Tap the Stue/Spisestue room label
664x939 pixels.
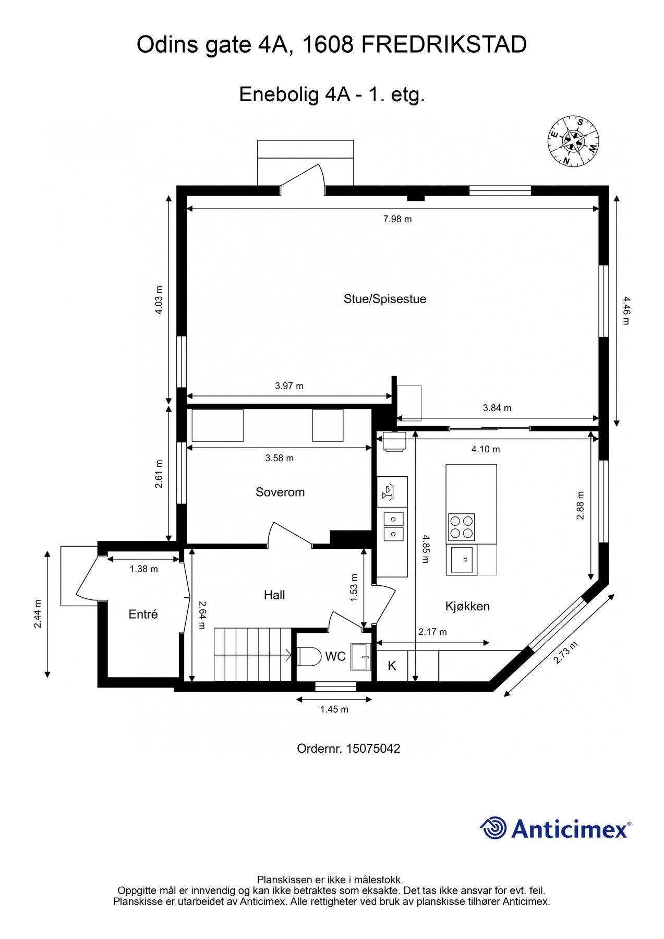point(384,299)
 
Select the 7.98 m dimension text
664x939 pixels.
point(397,219)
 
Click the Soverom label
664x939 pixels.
point(280,492)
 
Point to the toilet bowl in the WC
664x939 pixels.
point(309,656)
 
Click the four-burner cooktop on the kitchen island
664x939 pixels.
point(461,527)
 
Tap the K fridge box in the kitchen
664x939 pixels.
point(392,666)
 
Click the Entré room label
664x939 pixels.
point(143,614)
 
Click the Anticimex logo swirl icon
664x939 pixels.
point(493,828)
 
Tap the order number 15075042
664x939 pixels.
point(373,749)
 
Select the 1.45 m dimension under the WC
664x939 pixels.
point(334,709)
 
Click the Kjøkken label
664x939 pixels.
point(467,606)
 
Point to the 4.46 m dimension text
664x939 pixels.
point(626,310)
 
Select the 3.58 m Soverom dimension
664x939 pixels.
point(279,458)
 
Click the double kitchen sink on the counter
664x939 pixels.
point(393,526)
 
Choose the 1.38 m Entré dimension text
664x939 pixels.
point(143,569)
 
